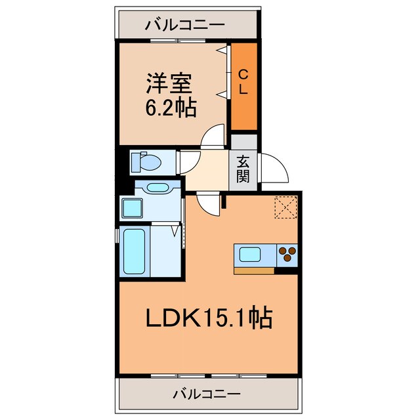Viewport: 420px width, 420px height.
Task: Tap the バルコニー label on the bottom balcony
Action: pos(207,394)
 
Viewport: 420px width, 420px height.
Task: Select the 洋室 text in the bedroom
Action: pos(170,85)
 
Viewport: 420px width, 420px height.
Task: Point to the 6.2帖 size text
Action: pos(170,108)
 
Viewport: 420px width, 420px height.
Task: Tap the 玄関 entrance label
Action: pos(243,169)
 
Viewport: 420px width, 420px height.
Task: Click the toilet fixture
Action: pos(147,160)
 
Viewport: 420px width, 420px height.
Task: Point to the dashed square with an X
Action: pos(286,208)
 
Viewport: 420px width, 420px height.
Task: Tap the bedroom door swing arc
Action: pos(214,138)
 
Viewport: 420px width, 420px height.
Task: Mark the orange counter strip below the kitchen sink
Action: pos(255,269)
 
